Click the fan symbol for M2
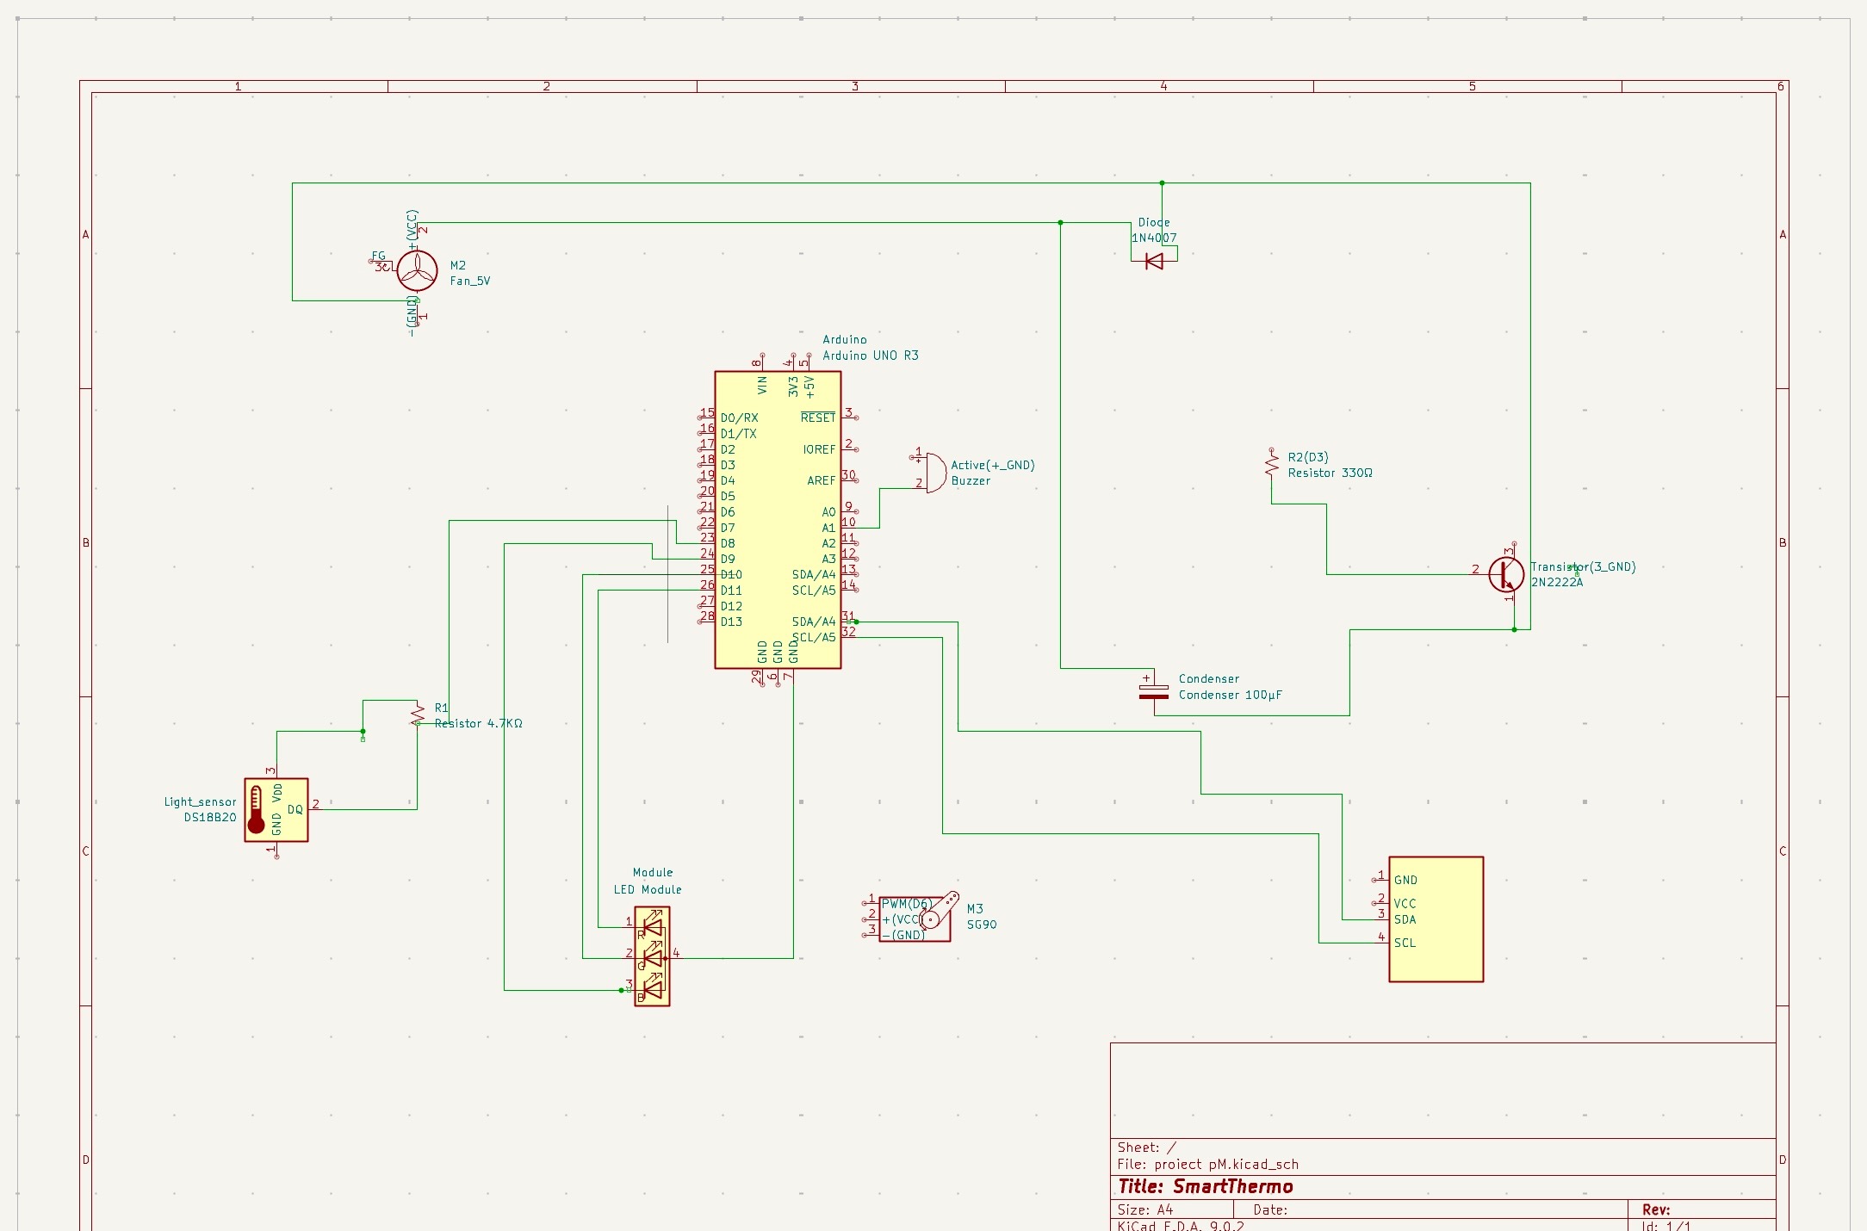(x=417, y=270)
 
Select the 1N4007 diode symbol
(x=1154, y=261)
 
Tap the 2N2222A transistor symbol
(x=1506, y=574)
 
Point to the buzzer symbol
(x=934, y=473)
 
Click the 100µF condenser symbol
(x=1154, y=690)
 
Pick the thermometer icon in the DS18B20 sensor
(x=256, y=810)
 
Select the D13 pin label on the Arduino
(x=731, y=622)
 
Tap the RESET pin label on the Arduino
(x=817, y=418)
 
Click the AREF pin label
(x=821, y=480)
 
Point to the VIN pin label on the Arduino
(x=762, y=386)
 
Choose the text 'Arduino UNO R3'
(x=870, y=356)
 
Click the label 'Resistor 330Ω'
(x=1330, y=473)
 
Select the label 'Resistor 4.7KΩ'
(x=479, y=723)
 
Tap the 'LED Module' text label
(x=647, y=889)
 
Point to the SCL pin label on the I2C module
(x=1405, y=943)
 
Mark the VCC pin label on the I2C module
(x=1405, y=903)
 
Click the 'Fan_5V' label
(x=469, y=281)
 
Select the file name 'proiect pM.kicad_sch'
(x=1225, y=1164)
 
